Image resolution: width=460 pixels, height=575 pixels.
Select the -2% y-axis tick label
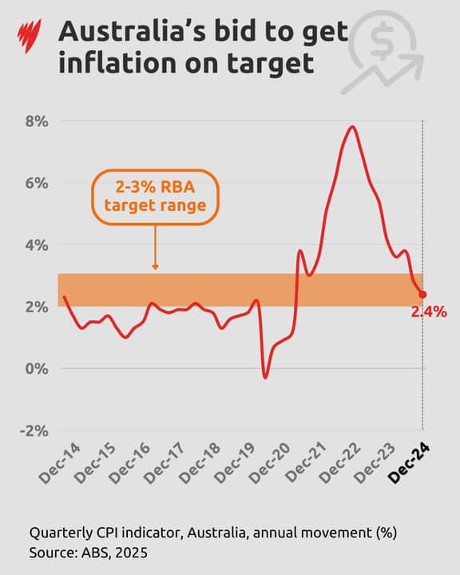[34, 430]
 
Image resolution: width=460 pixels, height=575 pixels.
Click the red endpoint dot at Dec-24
[422, 295]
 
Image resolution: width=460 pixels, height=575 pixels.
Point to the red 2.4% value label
[429, 312]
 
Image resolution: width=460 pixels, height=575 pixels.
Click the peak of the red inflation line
[352, 126]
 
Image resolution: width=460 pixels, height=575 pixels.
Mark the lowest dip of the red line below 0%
[265, 377]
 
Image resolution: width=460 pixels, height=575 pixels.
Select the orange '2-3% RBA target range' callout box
[154, 196]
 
